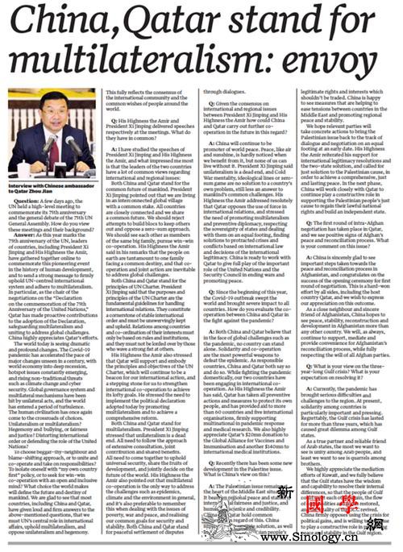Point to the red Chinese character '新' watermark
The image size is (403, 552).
point(285,492)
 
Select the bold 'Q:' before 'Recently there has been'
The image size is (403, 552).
point(212,442)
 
